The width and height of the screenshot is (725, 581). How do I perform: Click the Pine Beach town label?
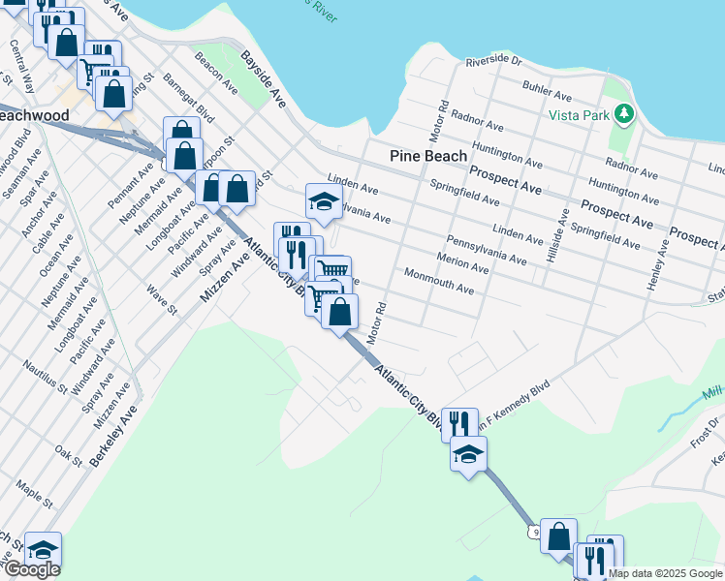click(428, 155)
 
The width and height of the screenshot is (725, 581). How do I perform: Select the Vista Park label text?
click(578, 113)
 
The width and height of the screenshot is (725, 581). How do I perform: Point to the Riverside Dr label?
click(493, 61)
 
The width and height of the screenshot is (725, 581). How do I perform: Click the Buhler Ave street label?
click(549, 90)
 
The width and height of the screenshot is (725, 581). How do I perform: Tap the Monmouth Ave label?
click(439, 282)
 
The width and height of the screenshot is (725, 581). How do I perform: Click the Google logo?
click(31, 569)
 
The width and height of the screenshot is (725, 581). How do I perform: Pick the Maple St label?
click(34, 490)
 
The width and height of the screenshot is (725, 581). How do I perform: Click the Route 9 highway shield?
click(534, 532)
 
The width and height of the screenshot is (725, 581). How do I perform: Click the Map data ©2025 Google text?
click(665, 573)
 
